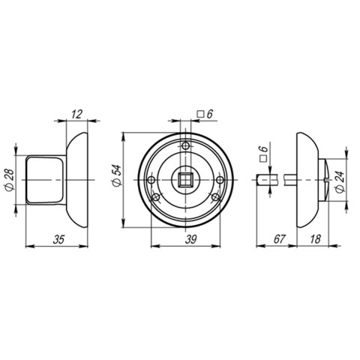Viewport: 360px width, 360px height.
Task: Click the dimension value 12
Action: [x=76, y=114]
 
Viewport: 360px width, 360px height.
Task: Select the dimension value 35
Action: [x=58, y=239]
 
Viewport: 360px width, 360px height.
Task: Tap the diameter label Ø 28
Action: [x=10, y=180]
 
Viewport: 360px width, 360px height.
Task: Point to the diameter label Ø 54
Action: [x=117, y=176]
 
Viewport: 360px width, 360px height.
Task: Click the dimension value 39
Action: [x=190, y=239]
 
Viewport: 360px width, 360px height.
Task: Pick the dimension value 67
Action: [x=279, y=239]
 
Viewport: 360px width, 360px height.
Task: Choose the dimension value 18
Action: [x=315, y=239]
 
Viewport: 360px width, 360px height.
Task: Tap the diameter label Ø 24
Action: [x=340, y=182]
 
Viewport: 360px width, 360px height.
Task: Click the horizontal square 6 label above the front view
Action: [x=205, y=114]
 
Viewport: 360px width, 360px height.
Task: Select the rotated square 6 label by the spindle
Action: [x=263, y=154]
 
